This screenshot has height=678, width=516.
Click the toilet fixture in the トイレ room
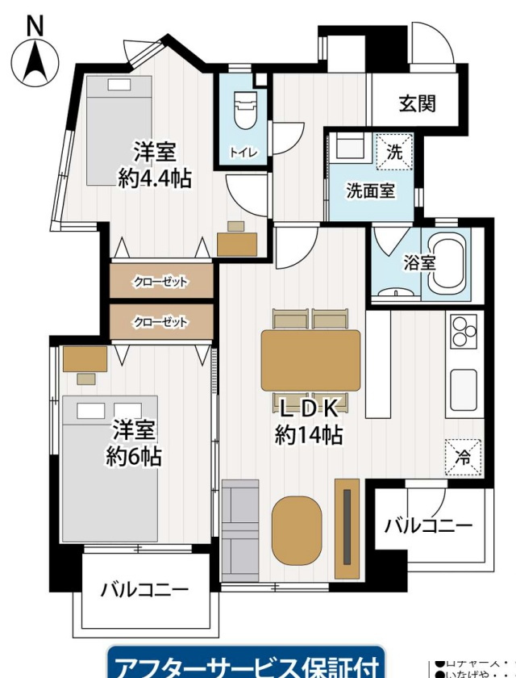pyautogui.click(x=243, y=110)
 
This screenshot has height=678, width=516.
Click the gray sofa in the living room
pyautogui.click(x=239, y=529)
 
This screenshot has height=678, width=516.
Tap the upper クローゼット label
pyautogui.click(x=160, y=282)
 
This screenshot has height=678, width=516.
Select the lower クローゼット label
pyautogui.click(x=160, y=322)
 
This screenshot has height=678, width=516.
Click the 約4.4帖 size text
pyautogui.click(x=155, y=178)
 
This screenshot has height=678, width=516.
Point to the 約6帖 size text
pyautogui.click(x=134, y=457)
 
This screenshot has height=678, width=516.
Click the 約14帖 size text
pyautogui.click(x=310, y=436)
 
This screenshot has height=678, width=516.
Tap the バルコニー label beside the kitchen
pyautogui.click(x=427, y=526)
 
